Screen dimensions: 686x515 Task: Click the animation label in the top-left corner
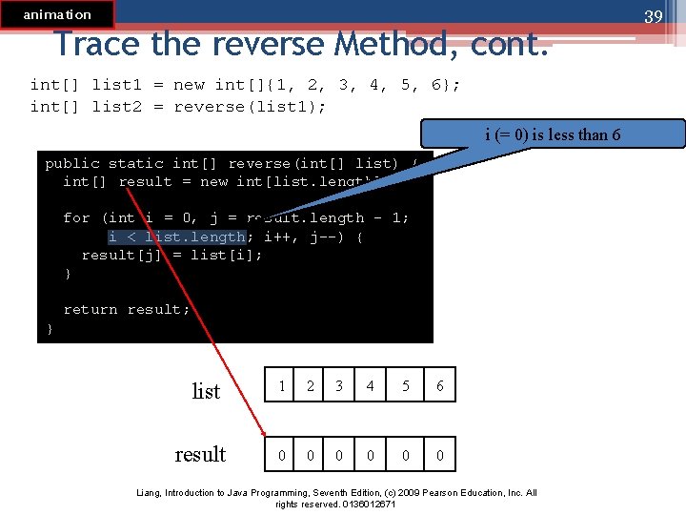(57, 14)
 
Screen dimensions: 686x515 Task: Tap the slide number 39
(653, 17)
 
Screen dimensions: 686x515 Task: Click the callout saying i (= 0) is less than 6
(553, 134)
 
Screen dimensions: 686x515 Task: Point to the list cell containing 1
(281, 386)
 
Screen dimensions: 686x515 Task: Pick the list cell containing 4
(371, 386)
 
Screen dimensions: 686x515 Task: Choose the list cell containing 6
(439, 386)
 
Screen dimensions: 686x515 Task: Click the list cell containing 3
(339, 386)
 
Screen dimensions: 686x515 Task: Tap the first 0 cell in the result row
(281, 455)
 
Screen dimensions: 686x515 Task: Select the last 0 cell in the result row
(439, 455)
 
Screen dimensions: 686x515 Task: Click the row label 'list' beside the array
(206, 391)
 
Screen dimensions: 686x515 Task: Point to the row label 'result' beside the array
(200, 454)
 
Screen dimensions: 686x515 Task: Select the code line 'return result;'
(127, 309)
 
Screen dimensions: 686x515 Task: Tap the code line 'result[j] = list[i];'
(171, 255)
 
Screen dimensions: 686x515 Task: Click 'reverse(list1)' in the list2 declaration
(250, 107)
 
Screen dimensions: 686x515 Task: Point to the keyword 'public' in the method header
(72, 163)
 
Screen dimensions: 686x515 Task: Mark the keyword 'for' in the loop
(76, 217)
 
